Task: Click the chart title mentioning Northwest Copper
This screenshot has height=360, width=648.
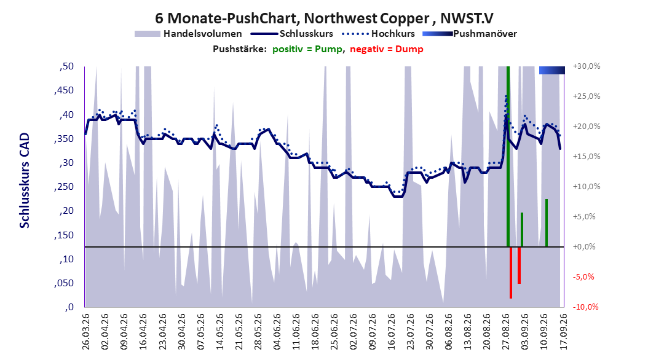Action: point(324,18)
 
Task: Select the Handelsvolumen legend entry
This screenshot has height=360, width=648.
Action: point(189,34)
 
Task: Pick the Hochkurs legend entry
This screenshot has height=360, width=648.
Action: point(379,34)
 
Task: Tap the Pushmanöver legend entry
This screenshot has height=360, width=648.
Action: point(470,34)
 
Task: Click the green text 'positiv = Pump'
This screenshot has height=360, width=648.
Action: point(307,49)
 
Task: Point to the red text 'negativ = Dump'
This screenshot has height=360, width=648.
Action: point(387,49)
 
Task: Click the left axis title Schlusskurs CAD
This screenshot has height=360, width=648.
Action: point(25,181)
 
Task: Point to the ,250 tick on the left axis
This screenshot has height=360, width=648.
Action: point(64,187)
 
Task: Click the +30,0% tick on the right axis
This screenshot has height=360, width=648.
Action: point(587,66)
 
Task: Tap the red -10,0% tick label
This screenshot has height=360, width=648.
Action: point(585,307)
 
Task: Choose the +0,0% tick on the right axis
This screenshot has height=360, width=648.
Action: point(584,246)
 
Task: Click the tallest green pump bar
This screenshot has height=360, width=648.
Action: point(508,157)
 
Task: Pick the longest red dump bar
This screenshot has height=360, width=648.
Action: point(511,273)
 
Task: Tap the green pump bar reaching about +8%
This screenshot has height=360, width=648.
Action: point(547,223)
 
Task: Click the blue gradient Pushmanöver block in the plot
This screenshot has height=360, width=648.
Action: point(551,70)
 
